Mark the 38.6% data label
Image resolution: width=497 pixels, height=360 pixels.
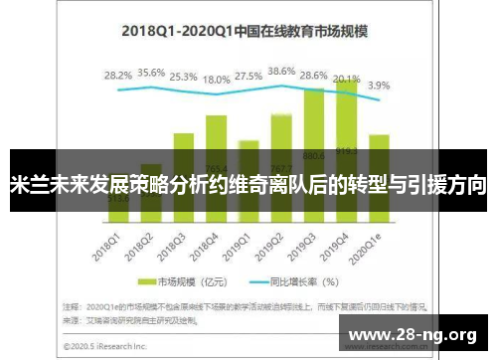pyautogui.click(x=282, y=72)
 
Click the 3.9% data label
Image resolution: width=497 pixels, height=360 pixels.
pyautogui.click(x=379, y=86)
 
